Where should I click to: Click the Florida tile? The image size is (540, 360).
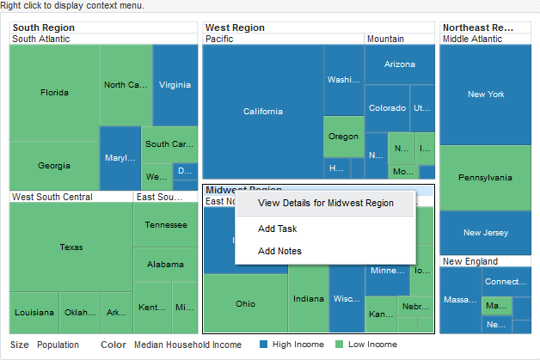pos(54,92)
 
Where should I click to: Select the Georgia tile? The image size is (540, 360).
pos(54,165)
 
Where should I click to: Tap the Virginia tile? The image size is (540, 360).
pos(175,84)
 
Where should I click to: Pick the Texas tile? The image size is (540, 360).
pos(71,247)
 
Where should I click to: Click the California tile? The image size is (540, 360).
pos(262,111)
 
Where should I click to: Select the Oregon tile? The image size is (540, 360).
pos(343,137)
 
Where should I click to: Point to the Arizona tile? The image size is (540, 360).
pos(399,64)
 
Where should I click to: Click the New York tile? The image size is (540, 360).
pos(485,95)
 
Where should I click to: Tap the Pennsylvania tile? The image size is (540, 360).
pos(485,178)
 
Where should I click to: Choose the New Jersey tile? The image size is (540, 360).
pos(485,233)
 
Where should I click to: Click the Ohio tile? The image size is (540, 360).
pos(245,303)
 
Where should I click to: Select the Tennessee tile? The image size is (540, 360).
pos(165,224)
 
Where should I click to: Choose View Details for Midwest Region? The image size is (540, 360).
pos(325,204)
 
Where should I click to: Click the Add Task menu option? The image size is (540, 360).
pos(277,229)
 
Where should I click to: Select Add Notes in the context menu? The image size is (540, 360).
pos(279,251)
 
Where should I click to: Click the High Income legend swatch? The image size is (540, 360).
pos(264,345)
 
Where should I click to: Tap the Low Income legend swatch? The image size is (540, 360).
pos(341,345)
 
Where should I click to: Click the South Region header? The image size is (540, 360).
pos(42,27)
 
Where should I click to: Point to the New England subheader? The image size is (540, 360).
pos(470,261)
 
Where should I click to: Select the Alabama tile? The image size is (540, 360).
pos(165,264)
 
